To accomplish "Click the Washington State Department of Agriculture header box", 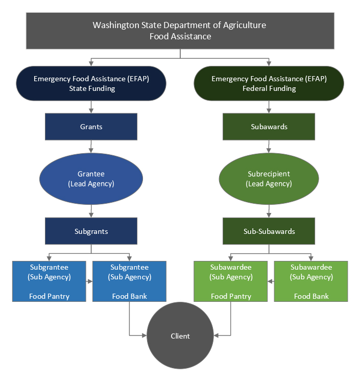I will click(x=180, y=31).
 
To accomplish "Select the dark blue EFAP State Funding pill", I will click(x=91, y=83).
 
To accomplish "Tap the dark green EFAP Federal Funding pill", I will click(x=269, y=83).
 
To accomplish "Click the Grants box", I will click(x=91, y=127).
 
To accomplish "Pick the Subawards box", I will click(x=269, y=127).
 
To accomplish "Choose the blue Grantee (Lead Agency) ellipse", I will click(x=91, y=178).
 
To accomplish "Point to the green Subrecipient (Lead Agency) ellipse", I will click(x=269, y=178).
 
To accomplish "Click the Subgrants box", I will click(x=91, y=231).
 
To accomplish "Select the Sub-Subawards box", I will click(x=269, y=231).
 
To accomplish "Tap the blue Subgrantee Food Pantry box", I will click(x=49, y=281).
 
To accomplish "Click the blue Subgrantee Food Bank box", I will click(x=129, y=281).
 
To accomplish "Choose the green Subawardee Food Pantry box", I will click(x=231, y=281).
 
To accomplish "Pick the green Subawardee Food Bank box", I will click(x=311, y=281).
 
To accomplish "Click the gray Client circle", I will click(x=180, y=336).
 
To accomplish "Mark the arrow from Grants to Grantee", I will click(x=91, y=147).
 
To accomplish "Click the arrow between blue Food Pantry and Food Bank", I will click(x=89, y=281).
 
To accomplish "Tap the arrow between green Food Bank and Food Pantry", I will click(x=271, y=281).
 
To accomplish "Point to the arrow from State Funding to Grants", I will click(x=91, y=107).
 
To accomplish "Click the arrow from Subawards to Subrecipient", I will click(x=269, y=147).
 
